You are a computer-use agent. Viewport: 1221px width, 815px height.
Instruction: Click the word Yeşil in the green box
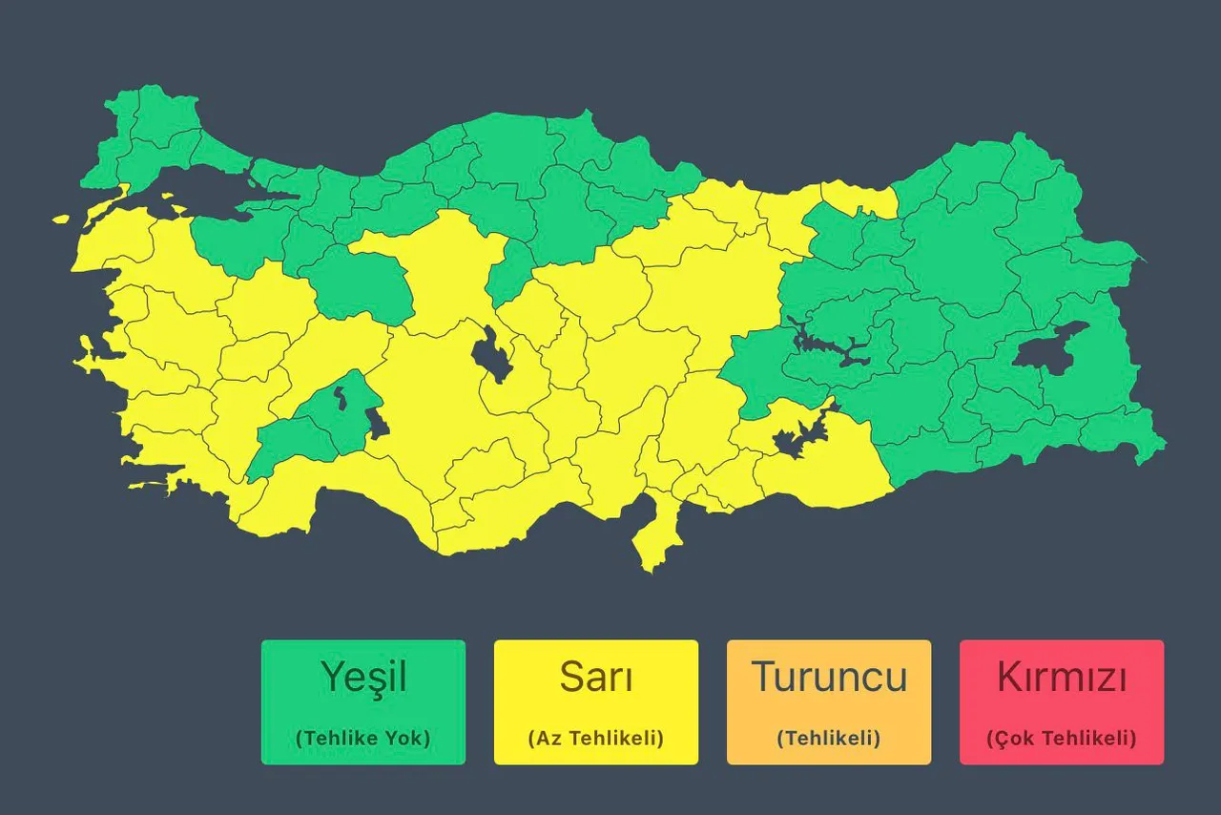(363, 678)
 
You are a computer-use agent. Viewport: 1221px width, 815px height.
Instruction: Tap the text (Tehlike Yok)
(363, 738)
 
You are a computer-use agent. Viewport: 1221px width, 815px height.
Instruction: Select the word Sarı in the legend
(596, 678)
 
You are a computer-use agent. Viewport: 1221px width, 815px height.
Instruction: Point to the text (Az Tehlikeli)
(596, 738)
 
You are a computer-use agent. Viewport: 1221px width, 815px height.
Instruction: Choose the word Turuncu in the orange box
(829, 678)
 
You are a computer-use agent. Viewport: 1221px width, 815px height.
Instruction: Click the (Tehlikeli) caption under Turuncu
(829, 738)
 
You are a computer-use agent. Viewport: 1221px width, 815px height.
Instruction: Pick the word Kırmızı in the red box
(1062, 678)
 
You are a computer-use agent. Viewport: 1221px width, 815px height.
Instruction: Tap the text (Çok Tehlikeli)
(1062, 738)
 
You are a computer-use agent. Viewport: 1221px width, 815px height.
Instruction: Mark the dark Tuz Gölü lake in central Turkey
(491, 356)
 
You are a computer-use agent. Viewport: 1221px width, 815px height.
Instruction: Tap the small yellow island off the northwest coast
(61, 219)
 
